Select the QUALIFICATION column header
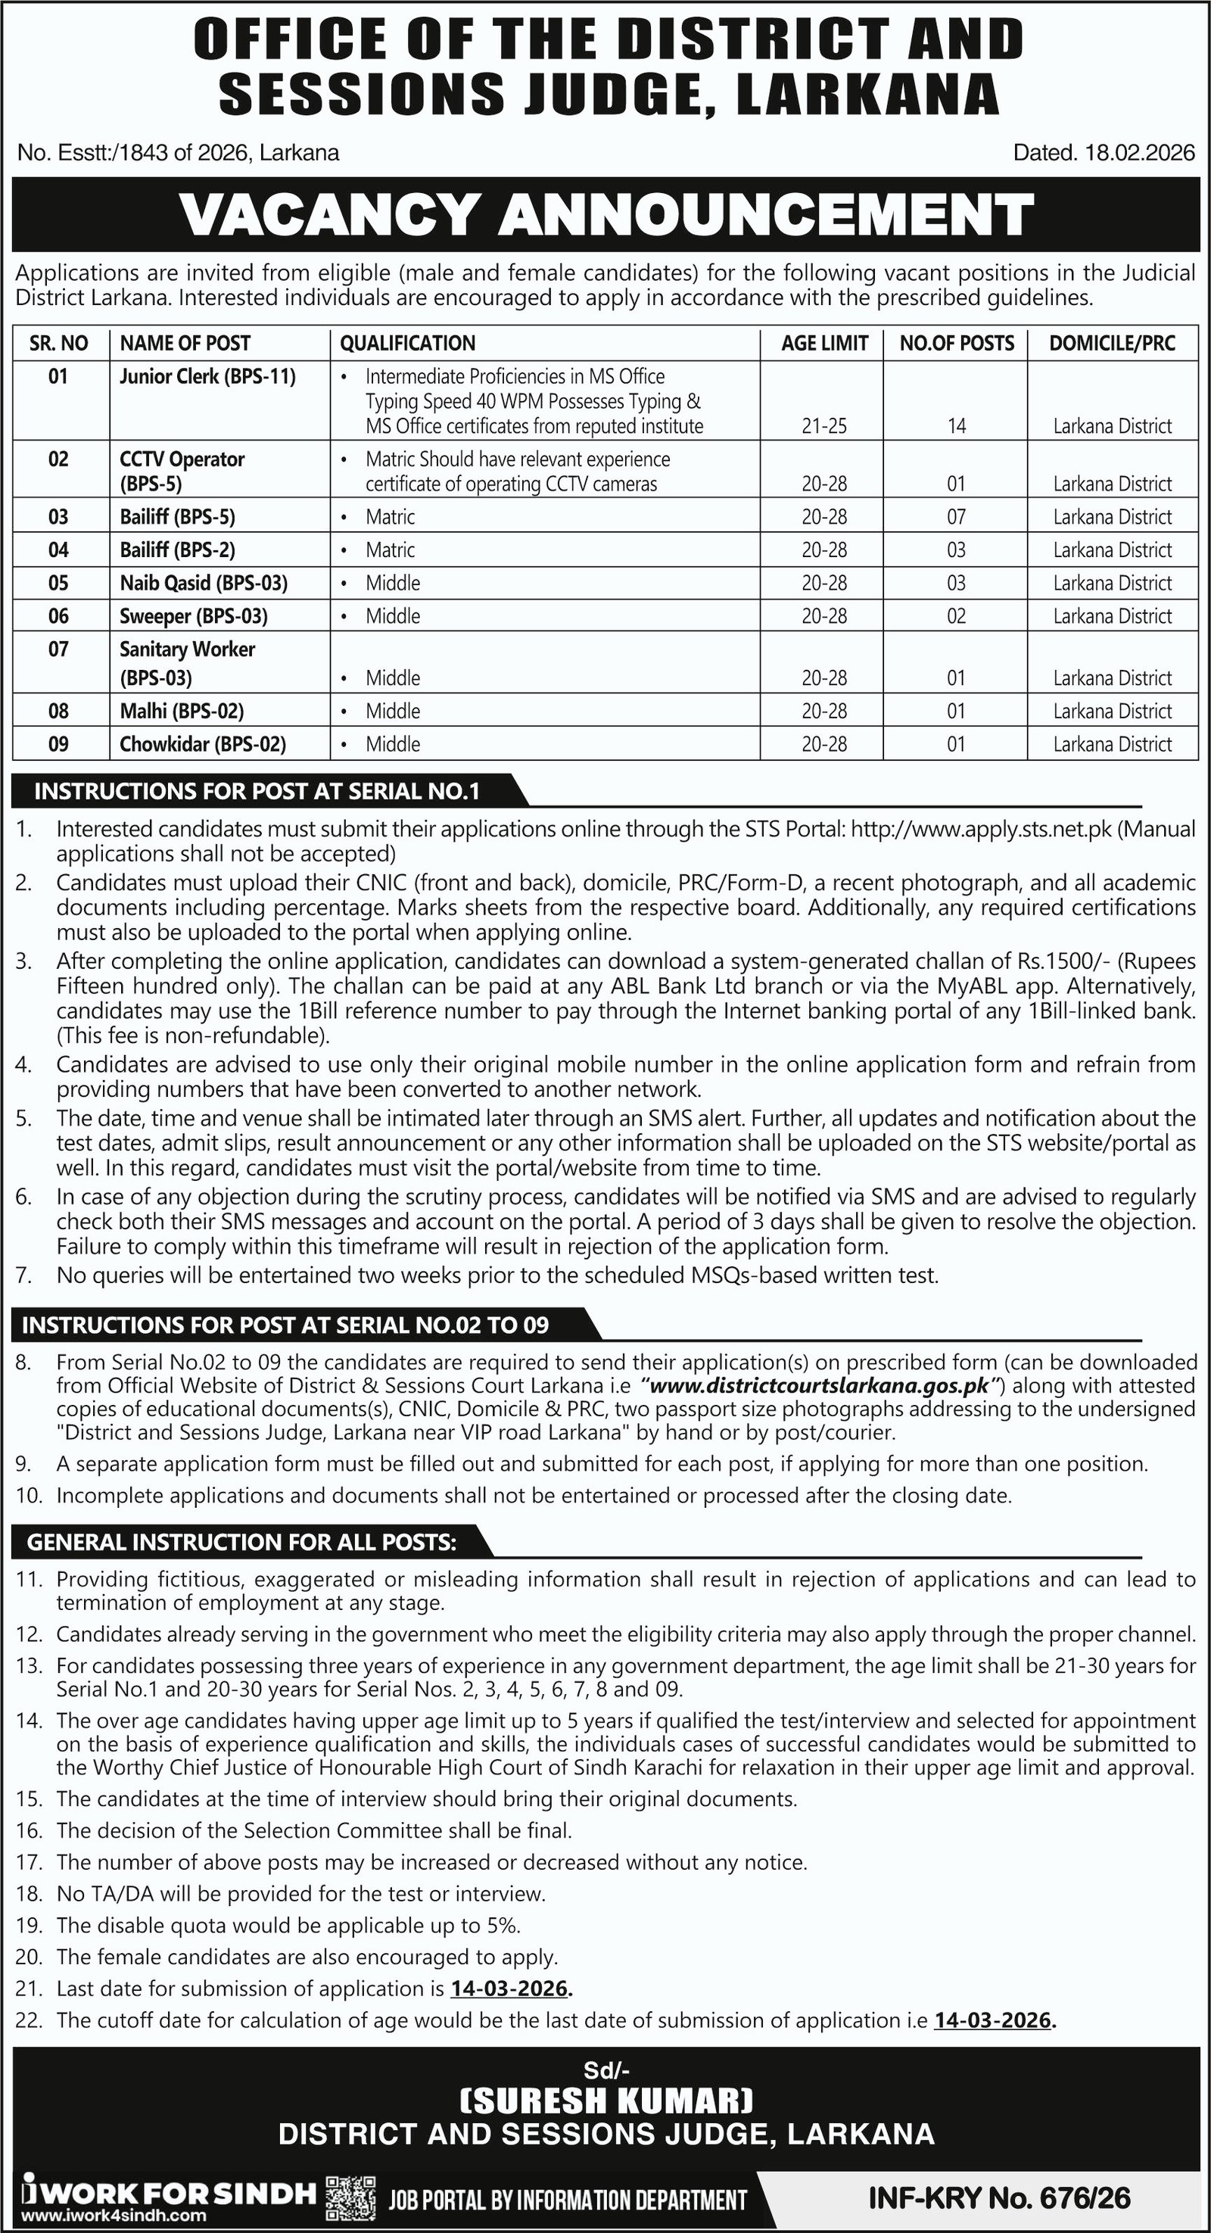pyautogui.click(x=407, y=343)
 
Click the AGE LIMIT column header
pyautogui.click(x=823, y=343)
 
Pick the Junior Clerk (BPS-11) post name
pyautogui.click(x=208, y=376)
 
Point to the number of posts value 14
pyautogui.click(x=956, y=425)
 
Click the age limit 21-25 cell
pyautogui.click(x=823, y=425)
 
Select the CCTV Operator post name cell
pyautogui.click(x=182, y=470)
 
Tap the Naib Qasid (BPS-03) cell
pyautogui.click(x=204, y=583)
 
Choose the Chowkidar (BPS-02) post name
pyautogui.click(x=203, y=744)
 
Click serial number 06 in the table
pyautogui.click(x=58, y=615)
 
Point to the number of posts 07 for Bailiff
pyautogui.click(x=956, y=517)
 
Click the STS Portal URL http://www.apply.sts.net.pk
pyautogui.click(x=981, y=829)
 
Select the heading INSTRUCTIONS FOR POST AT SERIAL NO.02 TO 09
pyautogui.click(x=286, y=1325)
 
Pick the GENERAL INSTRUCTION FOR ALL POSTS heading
pyautogui.click(x=243, y=1542)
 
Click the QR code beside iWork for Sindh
pyautogui.click(x=351, y=2194)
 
